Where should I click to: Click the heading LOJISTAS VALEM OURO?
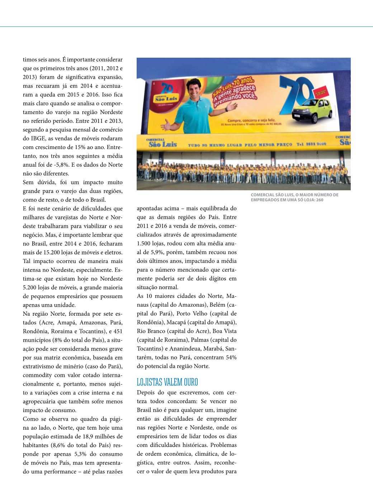[167, 382]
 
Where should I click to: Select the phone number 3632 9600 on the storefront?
[316, 144]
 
